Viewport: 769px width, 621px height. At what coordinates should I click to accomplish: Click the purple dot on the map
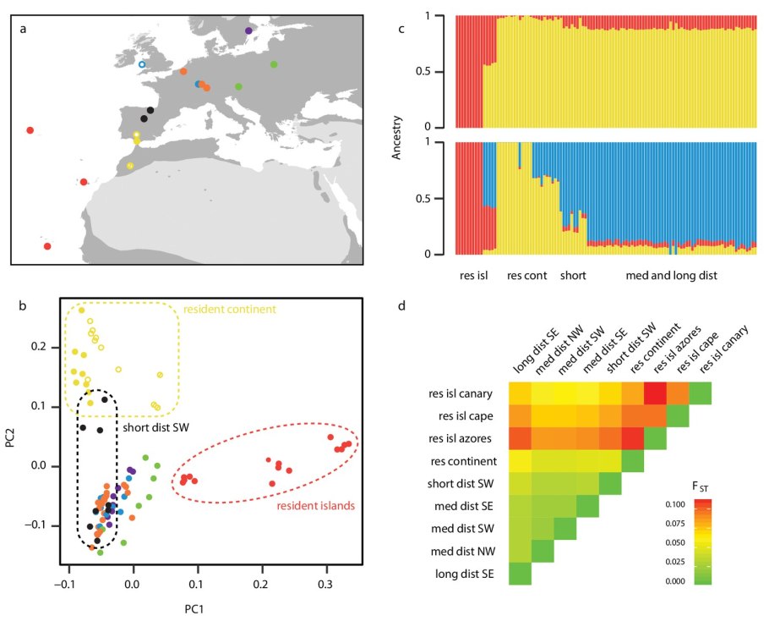click(248, 30)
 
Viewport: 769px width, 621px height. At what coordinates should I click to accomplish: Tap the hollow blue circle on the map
click(142, 64)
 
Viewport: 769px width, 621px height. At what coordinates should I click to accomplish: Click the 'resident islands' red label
click(315, 506)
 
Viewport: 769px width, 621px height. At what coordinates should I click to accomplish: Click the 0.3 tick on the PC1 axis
click(325, 583)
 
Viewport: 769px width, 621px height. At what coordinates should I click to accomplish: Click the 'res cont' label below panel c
click(527, 277)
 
